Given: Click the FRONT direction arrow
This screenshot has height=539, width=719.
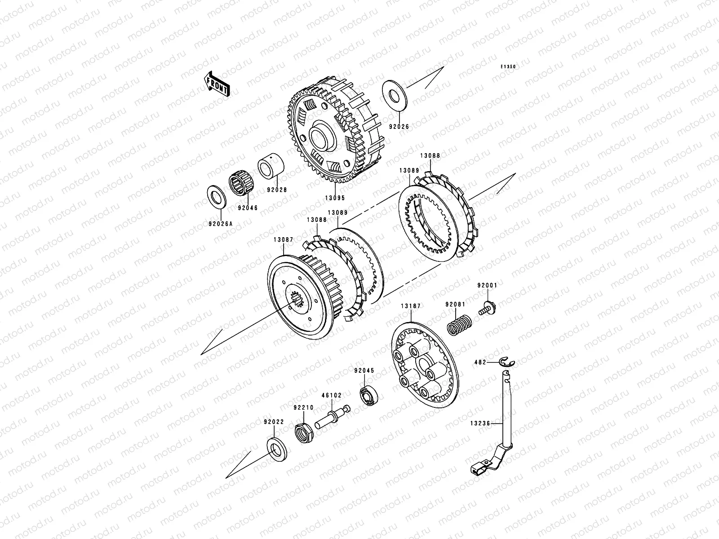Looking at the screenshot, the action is [x=217, y=84].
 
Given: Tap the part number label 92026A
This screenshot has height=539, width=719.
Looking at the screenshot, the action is [x=221, y=224].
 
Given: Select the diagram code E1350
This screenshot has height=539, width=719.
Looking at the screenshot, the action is [x=508, y=67].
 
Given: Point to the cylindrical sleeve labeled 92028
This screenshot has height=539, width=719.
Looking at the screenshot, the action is [x=271, y=166].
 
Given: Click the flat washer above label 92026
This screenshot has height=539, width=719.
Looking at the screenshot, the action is [x=395, y=95].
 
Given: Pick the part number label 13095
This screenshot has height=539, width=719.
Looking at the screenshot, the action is [x=335, y=198].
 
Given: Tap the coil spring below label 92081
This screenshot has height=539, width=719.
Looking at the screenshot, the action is [x=460, y=325].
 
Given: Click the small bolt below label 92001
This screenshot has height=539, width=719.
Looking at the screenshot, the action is [x=488, y=308].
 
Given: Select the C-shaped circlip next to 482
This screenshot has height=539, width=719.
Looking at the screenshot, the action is [x=507, y=362].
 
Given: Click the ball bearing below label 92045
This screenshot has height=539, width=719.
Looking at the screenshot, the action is [x=369, y=395].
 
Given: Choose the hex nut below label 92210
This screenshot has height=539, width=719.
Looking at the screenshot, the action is [x=304, y=433].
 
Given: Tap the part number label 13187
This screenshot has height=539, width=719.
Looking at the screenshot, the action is [x=411, y=306].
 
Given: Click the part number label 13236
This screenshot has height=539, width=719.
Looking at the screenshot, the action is [x=480, y=423].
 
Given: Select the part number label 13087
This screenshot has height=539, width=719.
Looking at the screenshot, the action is [x=284, y=239].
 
